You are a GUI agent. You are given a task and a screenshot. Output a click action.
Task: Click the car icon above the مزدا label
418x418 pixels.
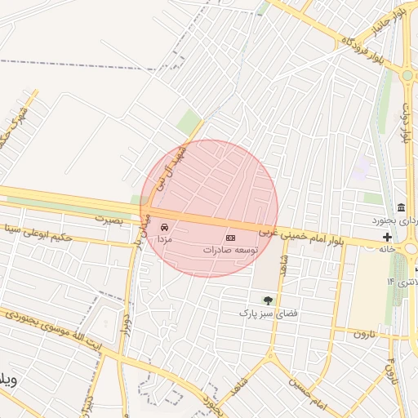pyautogui.click(x=165, y=226)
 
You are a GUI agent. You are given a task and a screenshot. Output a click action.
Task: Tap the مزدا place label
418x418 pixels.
pyautogui.click(x=165, y=238)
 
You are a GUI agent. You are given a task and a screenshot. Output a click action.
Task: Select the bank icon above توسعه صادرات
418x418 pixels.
pyautogui.click(x=230, y=236)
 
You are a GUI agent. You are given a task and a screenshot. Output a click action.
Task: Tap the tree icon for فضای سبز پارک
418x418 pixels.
pyautogui.click(x=266, y=300)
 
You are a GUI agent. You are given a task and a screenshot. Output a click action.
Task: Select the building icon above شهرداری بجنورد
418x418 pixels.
pyautogui.click(x=401, y=208)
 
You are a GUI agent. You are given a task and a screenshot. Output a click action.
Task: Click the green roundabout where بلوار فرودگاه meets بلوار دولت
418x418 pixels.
pyautogui.click(x=406, y=76)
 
